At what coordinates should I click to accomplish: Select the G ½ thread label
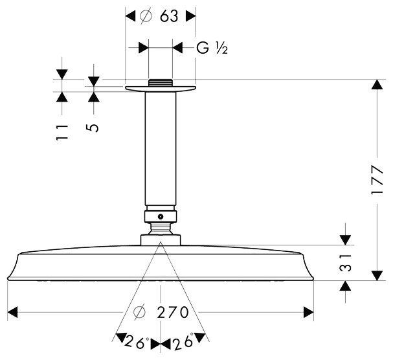(212, 47)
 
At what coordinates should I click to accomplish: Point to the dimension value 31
(347, 264)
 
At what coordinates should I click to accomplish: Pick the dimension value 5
(94, 128)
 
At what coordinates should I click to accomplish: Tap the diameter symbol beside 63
(146, 17)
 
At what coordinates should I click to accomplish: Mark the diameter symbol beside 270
(139, 314)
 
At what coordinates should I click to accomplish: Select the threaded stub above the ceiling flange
(161, 82)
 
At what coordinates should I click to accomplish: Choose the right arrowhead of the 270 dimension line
(310, 314)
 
